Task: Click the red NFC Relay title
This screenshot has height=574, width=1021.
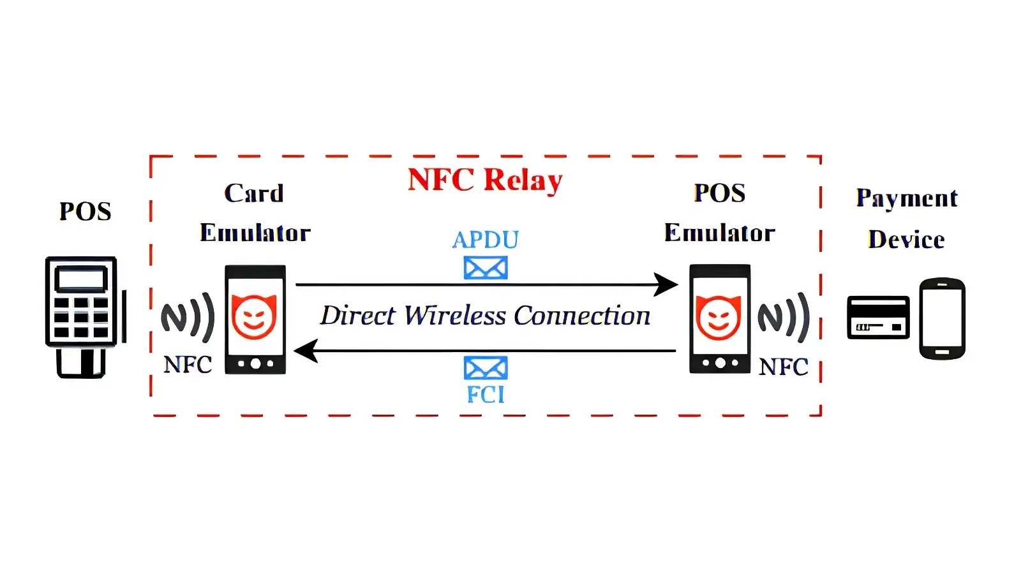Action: coord(485,180)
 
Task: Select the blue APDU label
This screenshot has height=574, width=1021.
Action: coord(486,240)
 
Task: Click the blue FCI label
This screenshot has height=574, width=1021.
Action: coord(486,395)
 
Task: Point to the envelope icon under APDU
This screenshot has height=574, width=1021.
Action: coord(486,267)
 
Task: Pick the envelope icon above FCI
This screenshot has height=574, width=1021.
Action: coord(486,367)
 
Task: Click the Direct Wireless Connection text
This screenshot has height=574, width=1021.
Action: coord(485,315)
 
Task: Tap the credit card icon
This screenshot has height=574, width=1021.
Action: coord(878,318)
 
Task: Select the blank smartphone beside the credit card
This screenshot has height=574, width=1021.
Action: coord(942,318)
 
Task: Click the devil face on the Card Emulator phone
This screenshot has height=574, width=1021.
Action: coord(254,316)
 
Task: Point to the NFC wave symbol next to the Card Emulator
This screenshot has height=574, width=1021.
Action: coord(188,318)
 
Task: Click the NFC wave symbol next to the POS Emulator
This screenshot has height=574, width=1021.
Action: coord(784,318)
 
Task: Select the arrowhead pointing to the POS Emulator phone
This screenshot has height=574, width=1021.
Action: coord(666,284)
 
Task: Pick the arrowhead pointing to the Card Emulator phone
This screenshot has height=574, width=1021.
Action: coord(306,351)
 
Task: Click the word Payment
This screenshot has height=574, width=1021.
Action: coord(907,198)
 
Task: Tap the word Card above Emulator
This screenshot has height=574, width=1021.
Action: coord(254,193)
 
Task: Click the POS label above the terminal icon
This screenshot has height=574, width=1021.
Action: coord(86,211)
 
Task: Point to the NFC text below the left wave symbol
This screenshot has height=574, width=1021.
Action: coord(188,364)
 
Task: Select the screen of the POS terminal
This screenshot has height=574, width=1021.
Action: coord(81,279)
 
